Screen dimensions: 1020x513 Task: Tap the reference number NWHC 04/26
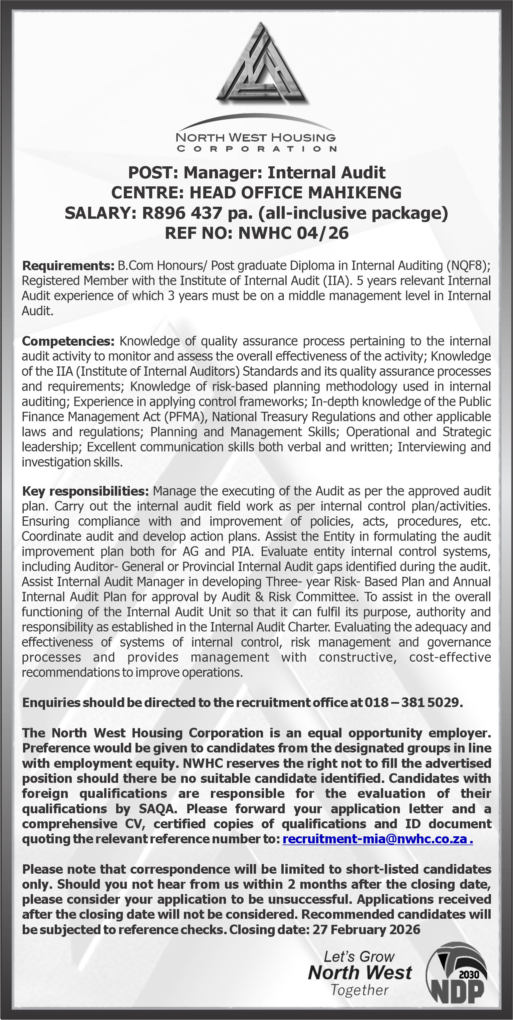[293, 233]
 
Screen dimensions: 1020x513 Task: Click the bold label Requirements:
[68, 265]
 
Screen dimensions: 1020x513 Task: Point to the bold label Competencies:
[68, 341]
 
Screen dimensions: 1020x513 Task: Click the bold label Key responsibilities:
[85, 491]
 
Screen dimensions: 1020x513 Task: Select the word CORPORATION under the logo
[256, 149]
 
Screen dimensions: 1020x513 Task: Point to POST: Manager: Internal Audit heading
[256, 173]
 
